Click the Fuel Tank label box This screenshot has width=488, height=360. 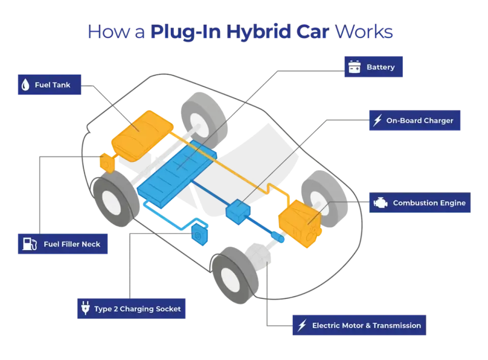[49, 84]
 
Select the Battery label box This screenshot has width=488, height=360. [374, 67]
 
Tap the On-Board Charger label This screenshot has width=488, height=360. [415, 120]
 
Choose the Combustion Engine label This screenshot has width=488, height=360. [420, 202]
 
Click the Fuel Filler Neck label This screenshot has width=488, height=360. [63, 244]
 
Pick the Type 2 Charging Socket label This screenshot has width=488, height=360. [131, 309]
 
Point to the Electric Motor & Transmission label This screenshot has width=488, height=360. [359, 325]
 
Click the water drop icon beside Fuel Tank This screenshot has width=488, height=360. [25, 85]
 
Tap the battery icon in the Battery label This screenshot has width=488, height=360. [354, 67]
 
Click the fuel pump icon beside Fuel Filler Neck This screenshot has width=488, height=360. [30, 244]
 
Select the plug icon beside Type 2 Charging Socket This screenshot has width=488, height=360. [85, 308]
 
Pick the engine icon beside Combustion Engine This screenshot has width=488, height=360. [380, 203]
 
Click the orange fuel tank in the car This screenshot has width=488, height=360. [142, 136]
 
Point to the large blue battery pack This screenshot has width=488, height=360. [177, 174]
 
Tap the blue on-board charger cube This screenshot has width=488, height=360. [238, 212]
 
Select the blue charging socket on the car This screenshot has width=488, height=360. [199, 234]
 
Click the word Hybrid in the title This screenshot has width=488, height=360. [258, 32]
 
